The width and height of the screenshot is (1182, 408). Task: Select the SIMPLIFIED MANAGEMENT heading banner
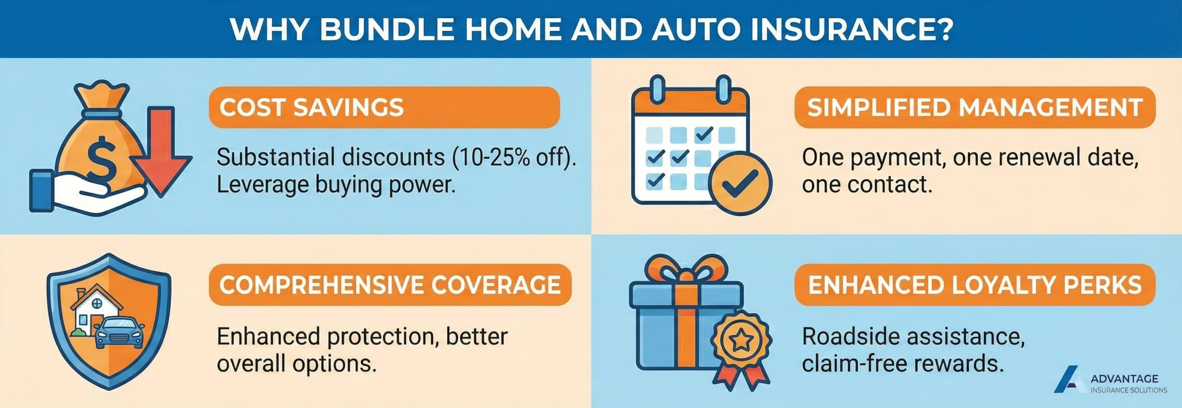(x=975, y=107)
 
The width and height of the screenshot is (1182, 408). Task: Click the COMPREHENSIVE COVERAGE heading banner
(x=390, y=285)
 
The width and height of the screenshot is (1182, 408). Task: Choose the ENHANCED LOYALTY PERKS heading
(x=975, y=285)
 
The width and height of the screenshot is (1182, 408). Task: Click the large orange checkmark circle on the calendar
(x=740, y=184)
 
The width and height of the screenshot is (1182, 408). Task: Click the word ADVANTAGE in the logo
(x=1124, y=379)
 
